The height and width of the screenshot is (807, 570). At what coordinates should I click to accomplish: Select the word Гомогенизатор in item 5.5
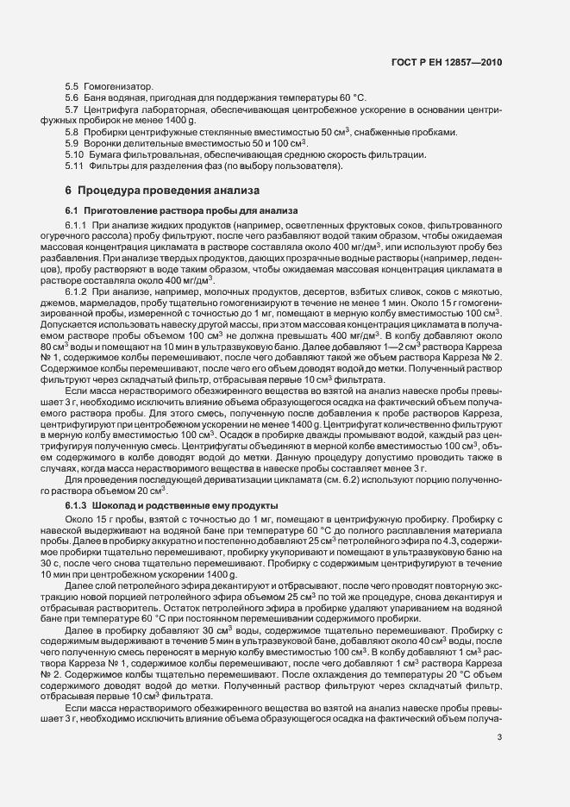(116, 88)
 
